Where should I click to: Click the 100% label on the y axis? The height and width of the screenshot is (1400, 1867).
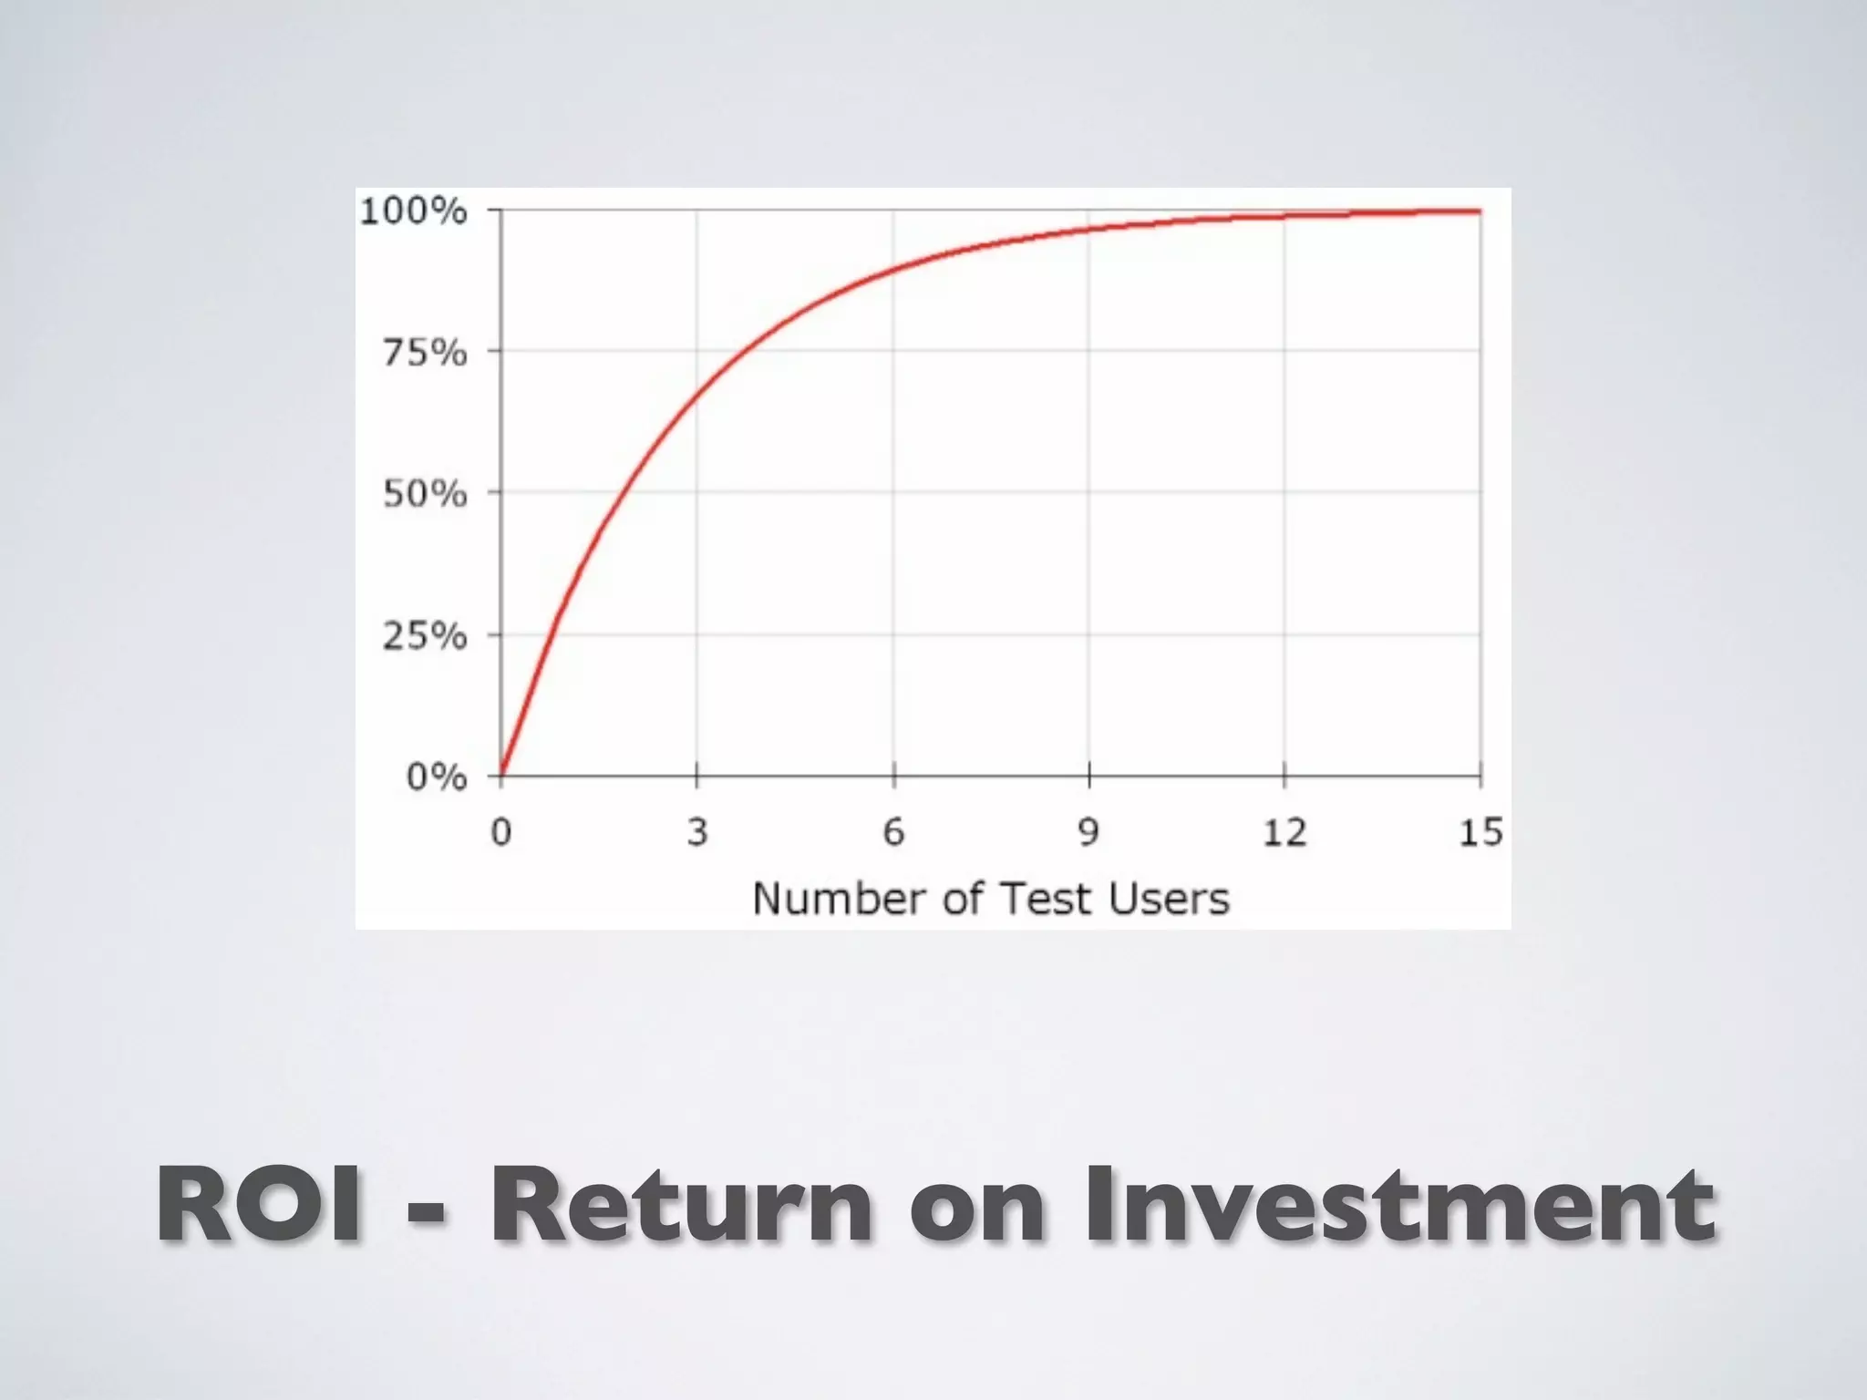(x=413, y=211)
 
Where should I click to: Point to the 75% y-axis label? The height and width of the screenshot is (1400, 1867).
(x=424, y=353)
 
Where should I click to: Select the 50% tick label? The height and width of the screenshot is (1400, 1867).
(x=424, y=494)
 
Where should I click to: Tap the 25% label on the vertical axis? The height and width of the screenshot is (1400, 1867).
(x=424, y=636)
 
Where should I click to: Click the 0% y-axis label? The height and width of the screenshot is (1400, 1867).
(x=436, y=777)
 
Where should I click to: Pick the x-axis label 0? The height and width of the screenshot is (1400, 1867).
(x=501, y=832)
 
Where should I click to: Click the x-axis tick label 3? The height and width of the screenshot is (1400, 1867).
(x=697, y=832)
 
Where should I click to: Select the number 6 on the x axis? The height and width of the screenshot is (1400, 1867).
(x=893, y=832)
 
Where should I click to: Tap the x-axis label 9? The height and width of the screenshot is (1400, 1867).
(x=1088, y=832)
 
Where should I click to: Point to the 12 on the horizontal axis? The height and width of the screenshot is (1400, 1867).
(x=1284, y=832)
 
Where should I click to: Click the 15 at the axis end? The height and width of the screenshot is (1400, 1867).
(x=1480, y=832)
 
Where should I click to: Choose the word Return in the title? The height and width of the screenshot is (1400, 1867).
(x=680, y=1207)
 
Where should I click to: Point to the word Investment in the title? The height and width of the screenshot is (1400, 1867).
(x=1399, y=1207)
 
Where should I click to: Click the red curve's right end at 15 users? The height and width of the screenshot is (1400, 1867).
(x=1479, y=211)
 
